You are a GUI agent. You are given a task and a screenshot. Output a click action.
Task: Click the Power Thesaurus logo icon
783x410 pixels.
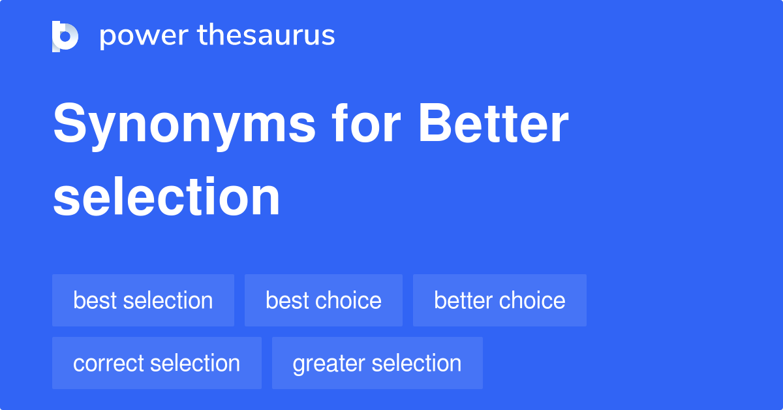point(65,36)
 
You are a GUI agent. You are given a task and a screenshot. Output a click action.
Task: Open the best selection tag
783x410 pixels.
point(143,300)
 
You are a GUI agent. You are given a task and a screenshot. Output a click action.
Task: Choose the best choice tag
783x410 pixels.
point(324,300)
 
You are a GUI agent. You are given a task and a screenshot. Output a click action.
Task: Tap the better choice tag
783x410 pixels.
point(500,300)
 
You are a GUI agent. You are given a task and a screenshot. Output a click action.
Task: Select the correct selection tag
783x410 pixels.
point(157,363)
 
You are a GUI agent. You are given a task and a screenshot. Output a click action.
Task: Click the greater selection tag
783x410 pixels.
point(377,363)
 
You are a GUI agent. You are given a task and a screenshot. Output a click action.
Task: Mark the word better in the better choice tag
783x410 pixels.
point(463,300)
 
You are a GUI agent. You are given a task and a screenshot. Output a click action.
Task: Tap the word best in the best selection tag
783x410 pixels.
point(95,300)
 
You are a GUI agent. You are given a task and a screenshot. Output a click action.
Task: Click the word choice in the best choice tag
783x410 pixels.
point(349,300)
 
